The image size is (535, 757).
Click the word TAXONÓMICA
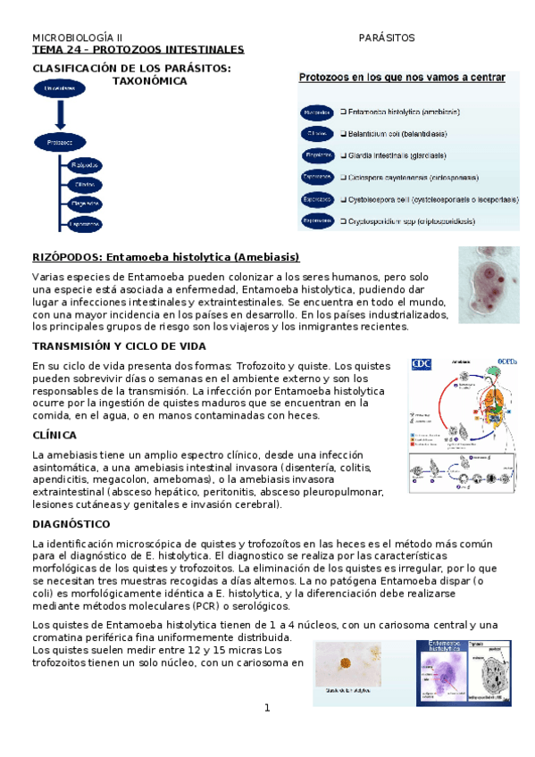click(x=149, y=81)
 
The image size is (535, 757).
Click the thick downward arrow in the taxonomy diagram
click(x=59, y=114)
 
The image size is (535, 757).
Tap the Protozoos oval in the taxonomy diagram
click(x=59, y=141)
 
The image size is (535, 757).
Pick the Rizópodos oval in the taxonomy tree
click(x=85, y=165)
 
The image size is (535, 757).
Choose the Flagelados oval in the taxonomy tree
click(x=85, y=204)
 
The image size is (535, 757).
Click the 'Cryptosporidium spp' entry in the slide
click(x=420, y=220)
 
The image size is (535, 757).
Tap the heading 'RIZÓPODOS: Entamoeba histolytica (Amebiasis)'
click(x=166, y=258)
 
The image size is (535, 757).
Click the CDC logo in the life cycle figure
click(x=421, y=364)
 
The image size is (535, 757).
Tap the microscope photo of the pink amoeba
click(x=488, y=278)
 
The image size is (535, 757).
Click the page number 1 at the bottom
click(x=266, y=708)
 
